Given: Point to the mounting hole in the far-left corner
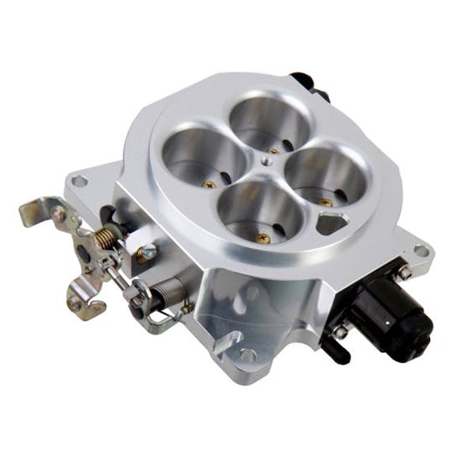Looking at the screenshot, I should [x=78, y=179].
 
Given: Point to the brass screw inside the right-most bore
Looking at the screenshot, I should [x=323, y=201].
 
